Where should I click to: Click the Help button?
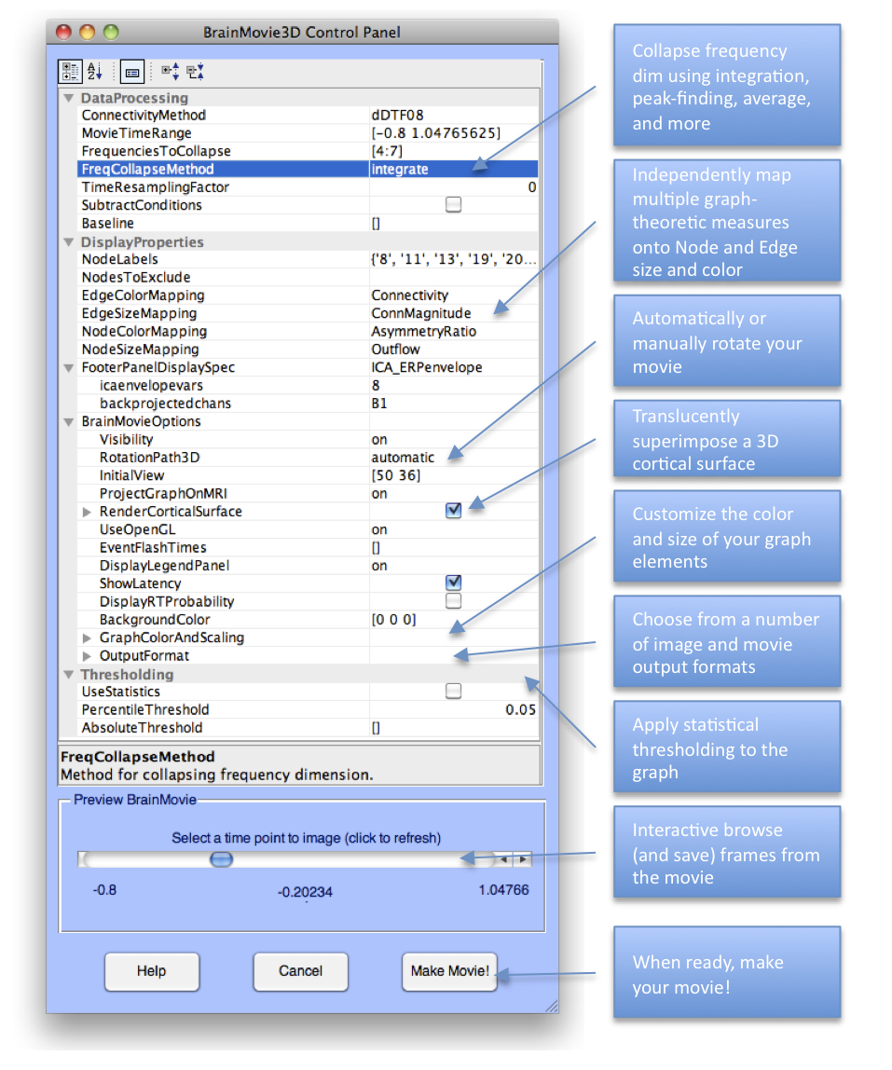point(151,971)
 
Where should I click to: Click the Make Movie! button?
point(450,971)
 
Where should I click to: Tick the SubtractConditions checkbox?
point(453,205)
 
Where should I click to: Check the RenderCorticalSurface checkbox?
point(453,511)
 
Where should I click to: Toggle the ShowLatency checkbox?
point(453,583)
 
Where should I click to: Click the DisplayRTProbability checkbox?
point(453,601)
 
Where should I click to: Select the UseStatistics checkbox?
point(453,692)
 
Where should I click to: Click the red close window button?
point(63,32)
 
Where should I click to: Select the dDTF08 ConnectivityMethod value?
point(398,115)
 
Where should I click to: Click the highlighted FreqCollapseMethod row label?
point(147,169)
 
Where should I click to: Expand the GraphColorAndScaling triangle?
point(88,638)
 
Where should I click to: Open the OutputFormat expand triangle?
point(88,656)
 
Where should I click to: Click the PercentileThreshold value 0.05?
point(520,710)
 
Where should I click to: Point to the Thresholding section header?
point(127,674)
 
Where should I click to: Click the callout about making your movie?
point(726,973)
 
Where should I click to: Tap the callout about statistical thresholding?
point(726,748)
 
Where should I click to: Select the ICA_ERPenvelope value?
point(427,367)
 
